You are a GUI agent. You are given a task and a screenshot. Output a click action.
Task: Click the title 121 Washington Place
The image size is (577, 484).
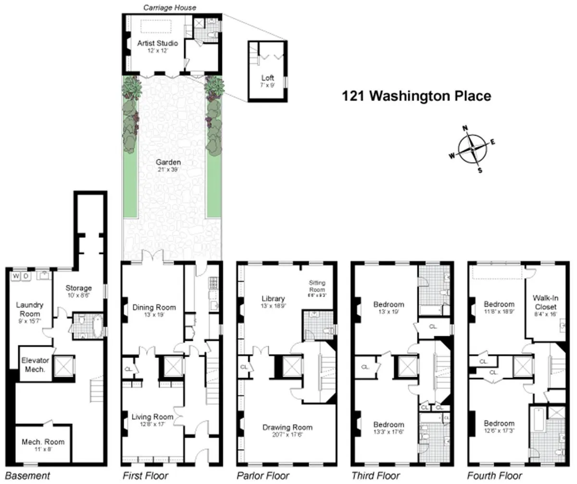tap(416, 96)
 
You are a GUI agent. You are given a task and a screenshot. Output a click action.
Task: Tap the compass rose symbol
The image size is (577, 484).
tap(472, 150)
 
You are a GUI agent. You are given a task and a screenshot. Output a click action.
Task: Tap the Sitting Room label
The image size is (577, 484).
tap(317, 287)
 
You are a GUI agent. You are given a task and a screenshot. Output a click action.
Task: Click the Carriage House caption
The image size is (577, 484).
tap(170, 8)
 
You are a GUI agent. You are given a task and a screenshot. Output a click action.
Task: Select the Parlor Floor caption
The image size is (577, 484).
tap(263, 476)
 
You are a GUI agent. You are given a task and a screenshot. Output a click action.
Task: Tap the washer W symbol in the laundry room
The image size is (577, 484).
tap(15, 276)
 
